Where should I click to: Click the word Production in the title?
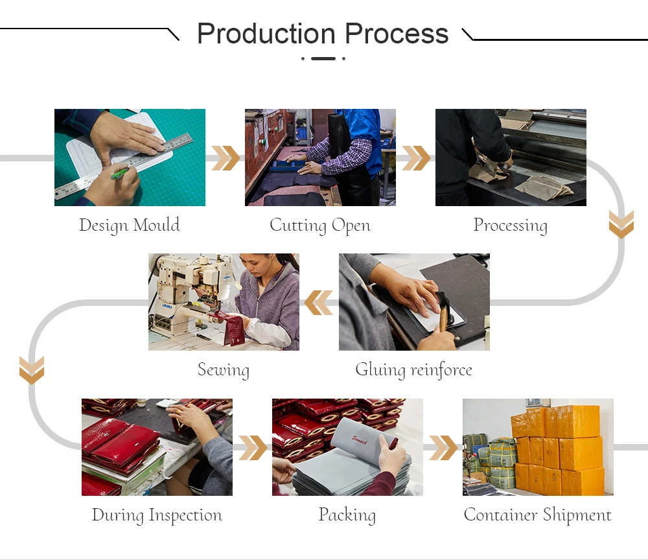coord(267,34)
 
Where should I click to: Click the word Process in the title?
coord(397,34)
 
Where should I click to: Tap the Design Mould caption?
coord(130,226)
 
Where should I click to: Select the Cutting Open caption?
coord(320,226)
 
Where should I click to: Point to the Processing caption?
coord(511,226)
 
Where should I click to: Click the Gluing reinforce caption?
coord(413,370)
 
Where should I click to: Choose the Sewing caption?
coord(224,370)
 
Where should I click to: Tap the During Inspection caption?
coord(157,515)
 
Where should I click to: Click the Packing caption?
coord(347,515)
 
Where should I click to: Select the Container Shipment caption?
coord(538,515)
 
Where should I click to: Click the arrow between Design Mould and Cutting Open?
coord(226,158)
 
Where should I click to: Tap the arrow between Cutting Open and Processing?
coord(416,158)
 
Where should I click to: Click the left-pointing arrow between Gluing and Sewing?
coord(318,303)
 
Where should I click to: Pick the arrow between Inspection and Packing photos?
coord(253,447)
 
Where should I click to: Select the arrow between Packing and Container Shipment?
coord(443,447)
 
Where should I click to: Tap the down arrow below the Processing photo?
coord(621,224)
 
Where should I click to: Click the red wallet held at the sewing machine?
coord(231,327)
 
